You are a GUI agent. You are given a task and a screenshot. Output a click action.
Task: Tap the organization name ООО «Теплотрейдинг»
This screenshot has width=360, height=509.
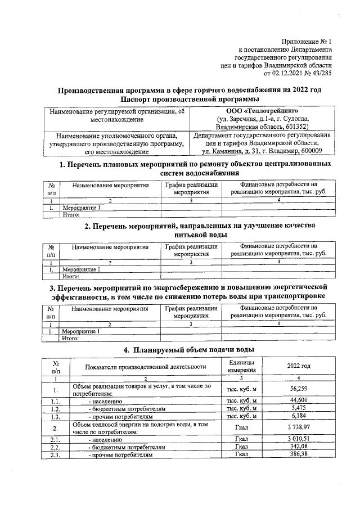coord(262,111)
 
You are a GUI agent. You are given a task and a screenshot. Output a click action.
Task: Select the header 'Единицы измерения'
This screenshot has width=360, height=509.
coord(242,367)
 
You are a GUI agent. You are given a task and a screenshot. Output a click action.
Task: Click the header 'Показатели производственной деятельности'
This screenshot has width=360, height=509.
coord(145,367)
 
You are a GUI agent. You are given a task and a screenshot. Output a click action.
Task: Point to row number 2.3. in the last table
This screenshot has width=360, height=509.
coord(55,456)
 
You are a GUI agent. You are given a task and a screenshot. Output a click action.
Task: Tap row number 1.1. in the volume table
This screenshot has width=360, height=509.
coord(55,400)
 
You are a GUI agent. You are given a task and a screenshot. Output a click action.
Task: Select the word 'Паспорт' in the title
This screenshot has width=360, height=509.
coord(130,98)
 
